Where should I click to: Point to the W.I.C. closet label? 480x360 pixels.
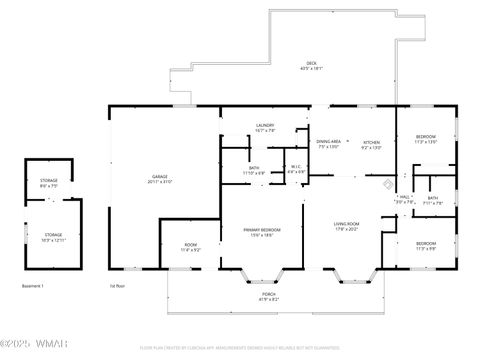point(296,168)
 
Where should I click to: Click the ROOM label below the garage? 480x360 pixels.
point(190,246)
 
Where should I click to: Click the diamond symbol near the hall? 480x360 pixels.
point(389,183)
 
